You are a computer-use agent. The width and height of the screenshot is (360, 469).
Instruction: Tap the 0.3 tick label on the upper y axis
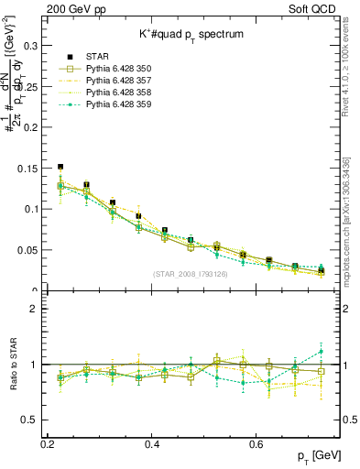[29, 43]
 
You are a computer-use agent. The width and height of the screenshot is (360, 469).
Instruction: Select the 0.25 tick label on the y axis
[27, 84]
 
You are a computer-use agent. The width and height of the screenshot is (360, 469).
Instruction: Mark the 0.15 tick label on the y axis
[27, 168]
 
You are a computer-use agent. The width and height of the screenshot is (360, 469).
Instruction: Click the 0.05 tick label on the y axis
[27, 250]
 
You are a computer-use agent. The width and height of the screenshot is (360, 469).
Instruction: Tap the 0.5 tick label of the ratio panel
[29, 420]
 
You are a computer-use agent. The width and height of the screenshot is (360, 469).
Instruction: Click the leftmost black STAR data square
[60, 168]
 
